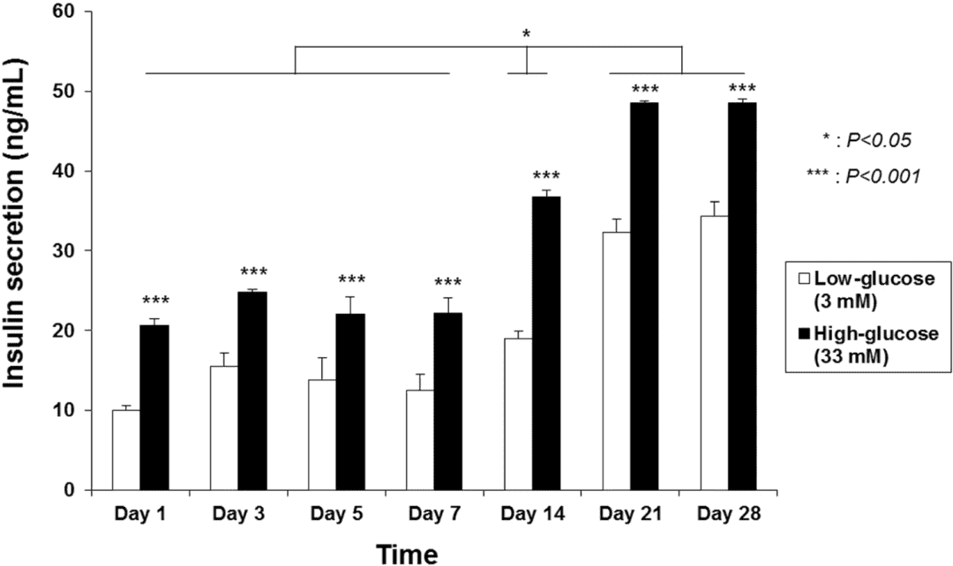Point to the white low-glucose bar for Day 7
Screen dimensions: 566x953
(x=419, y=440)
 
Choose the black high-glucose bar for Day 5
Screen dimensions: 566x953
(x=350, y=401)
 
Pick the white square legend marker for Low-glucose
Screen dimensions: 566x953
(x=801, y=279)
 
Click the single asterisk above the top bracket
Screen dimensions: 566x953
(x=527, y=34)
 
